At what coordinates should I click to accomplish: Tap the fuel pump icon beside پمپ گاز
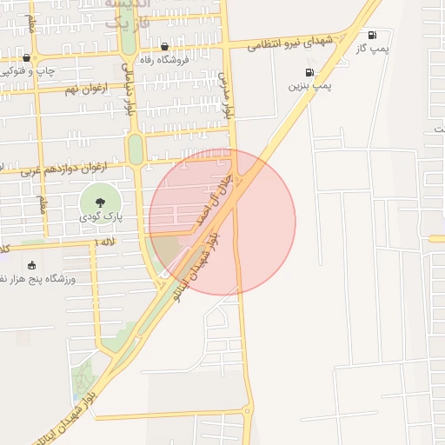[x=372, y=36]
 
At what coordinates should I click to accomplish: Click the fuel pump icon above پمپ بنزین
[x=309, y=73]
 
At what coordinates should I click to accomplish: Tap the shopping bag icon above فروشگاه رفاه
[x=164, y=47]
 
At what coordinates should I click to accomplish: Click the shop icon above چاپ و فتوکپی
[x=26, y=58]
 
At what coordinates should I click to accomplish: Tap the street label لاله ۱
[x=104, y=240]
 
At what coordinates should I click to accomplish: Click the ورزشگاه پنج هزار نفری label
[x=45, y=279]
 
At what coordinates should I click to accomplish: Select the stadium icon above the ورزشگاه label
[x=32, y=265]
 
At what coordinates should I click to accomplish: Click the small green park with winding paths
[x=83, y=376]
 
